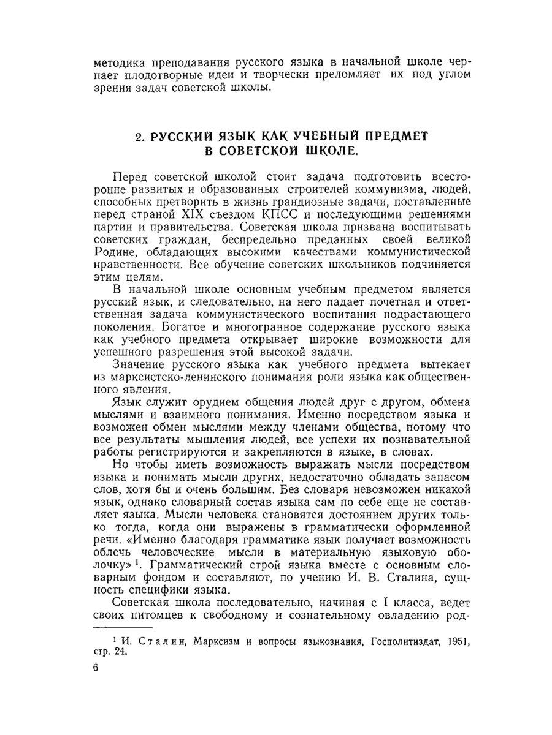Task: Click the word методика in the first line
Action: tap(119, 62)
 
